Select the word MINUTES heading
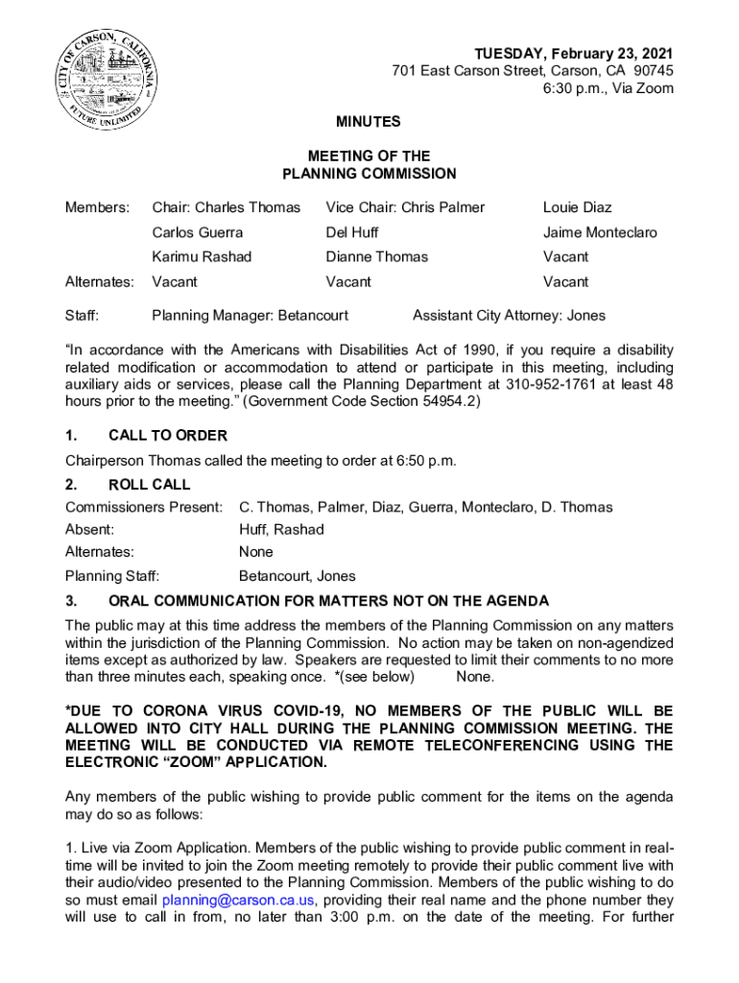click(x=368, y=123)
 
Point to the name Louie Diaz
click(x=577, y=207)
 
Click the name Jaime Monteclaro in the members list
click(x=600, y=232)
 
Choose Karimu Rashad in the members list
click(x=202, y=257)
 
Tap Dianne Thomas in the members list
click(x=377, y=257)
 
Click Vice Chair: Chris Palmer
click(x=405, y=207)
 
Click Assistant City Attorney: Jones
click(x=509, y=316)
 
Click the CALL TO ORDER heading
click(x=168, y=436)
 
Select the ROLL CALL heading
click(x=150, y=485)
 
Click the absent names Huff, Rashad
click(x=281, y=530)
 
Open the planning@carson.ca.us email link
click(x=238, y=900)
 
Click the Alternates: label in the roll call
click(x=100, y=552)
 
